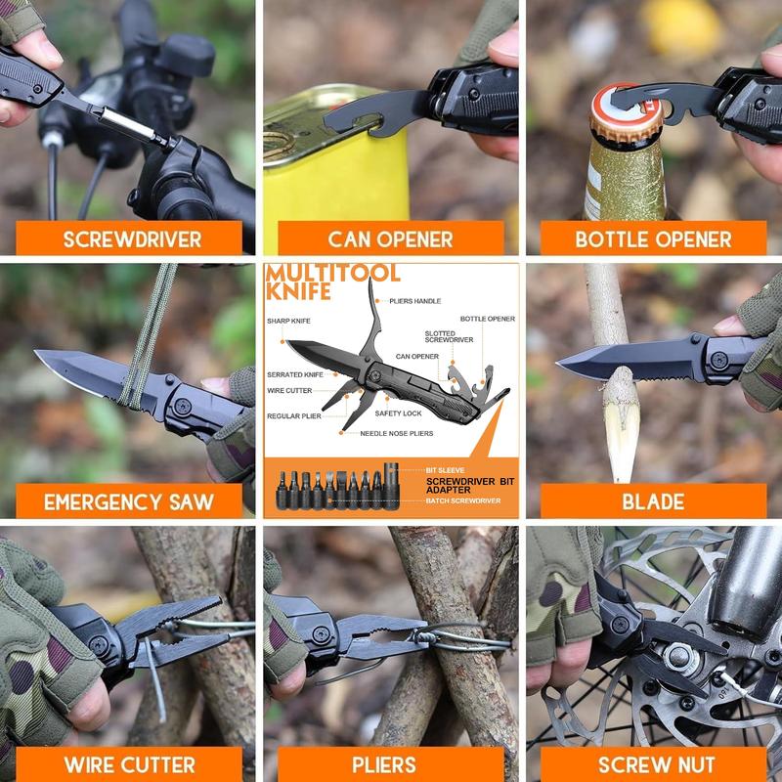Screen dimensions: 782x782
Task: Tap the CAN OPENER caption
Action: (x=390, y=239)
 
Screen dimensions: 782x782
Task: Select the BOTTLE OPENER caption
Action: (x=653, y=239)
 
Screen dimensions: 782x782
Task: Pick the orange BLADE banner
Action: (x=653, y=502)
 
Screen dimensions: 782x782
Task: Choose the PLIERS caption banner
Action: (x=390, y=764)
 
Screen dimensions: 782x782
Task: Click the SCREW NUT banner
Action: (x=653, y=764)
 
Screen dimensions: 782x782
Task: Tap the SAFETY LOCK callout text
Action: (x=398, y=413)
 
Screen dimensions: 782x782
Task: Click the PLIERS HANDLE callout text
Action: (x=414, y=301)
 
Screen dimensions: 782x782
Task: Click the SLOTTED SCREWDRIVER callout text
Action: (x=449, y=336)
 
